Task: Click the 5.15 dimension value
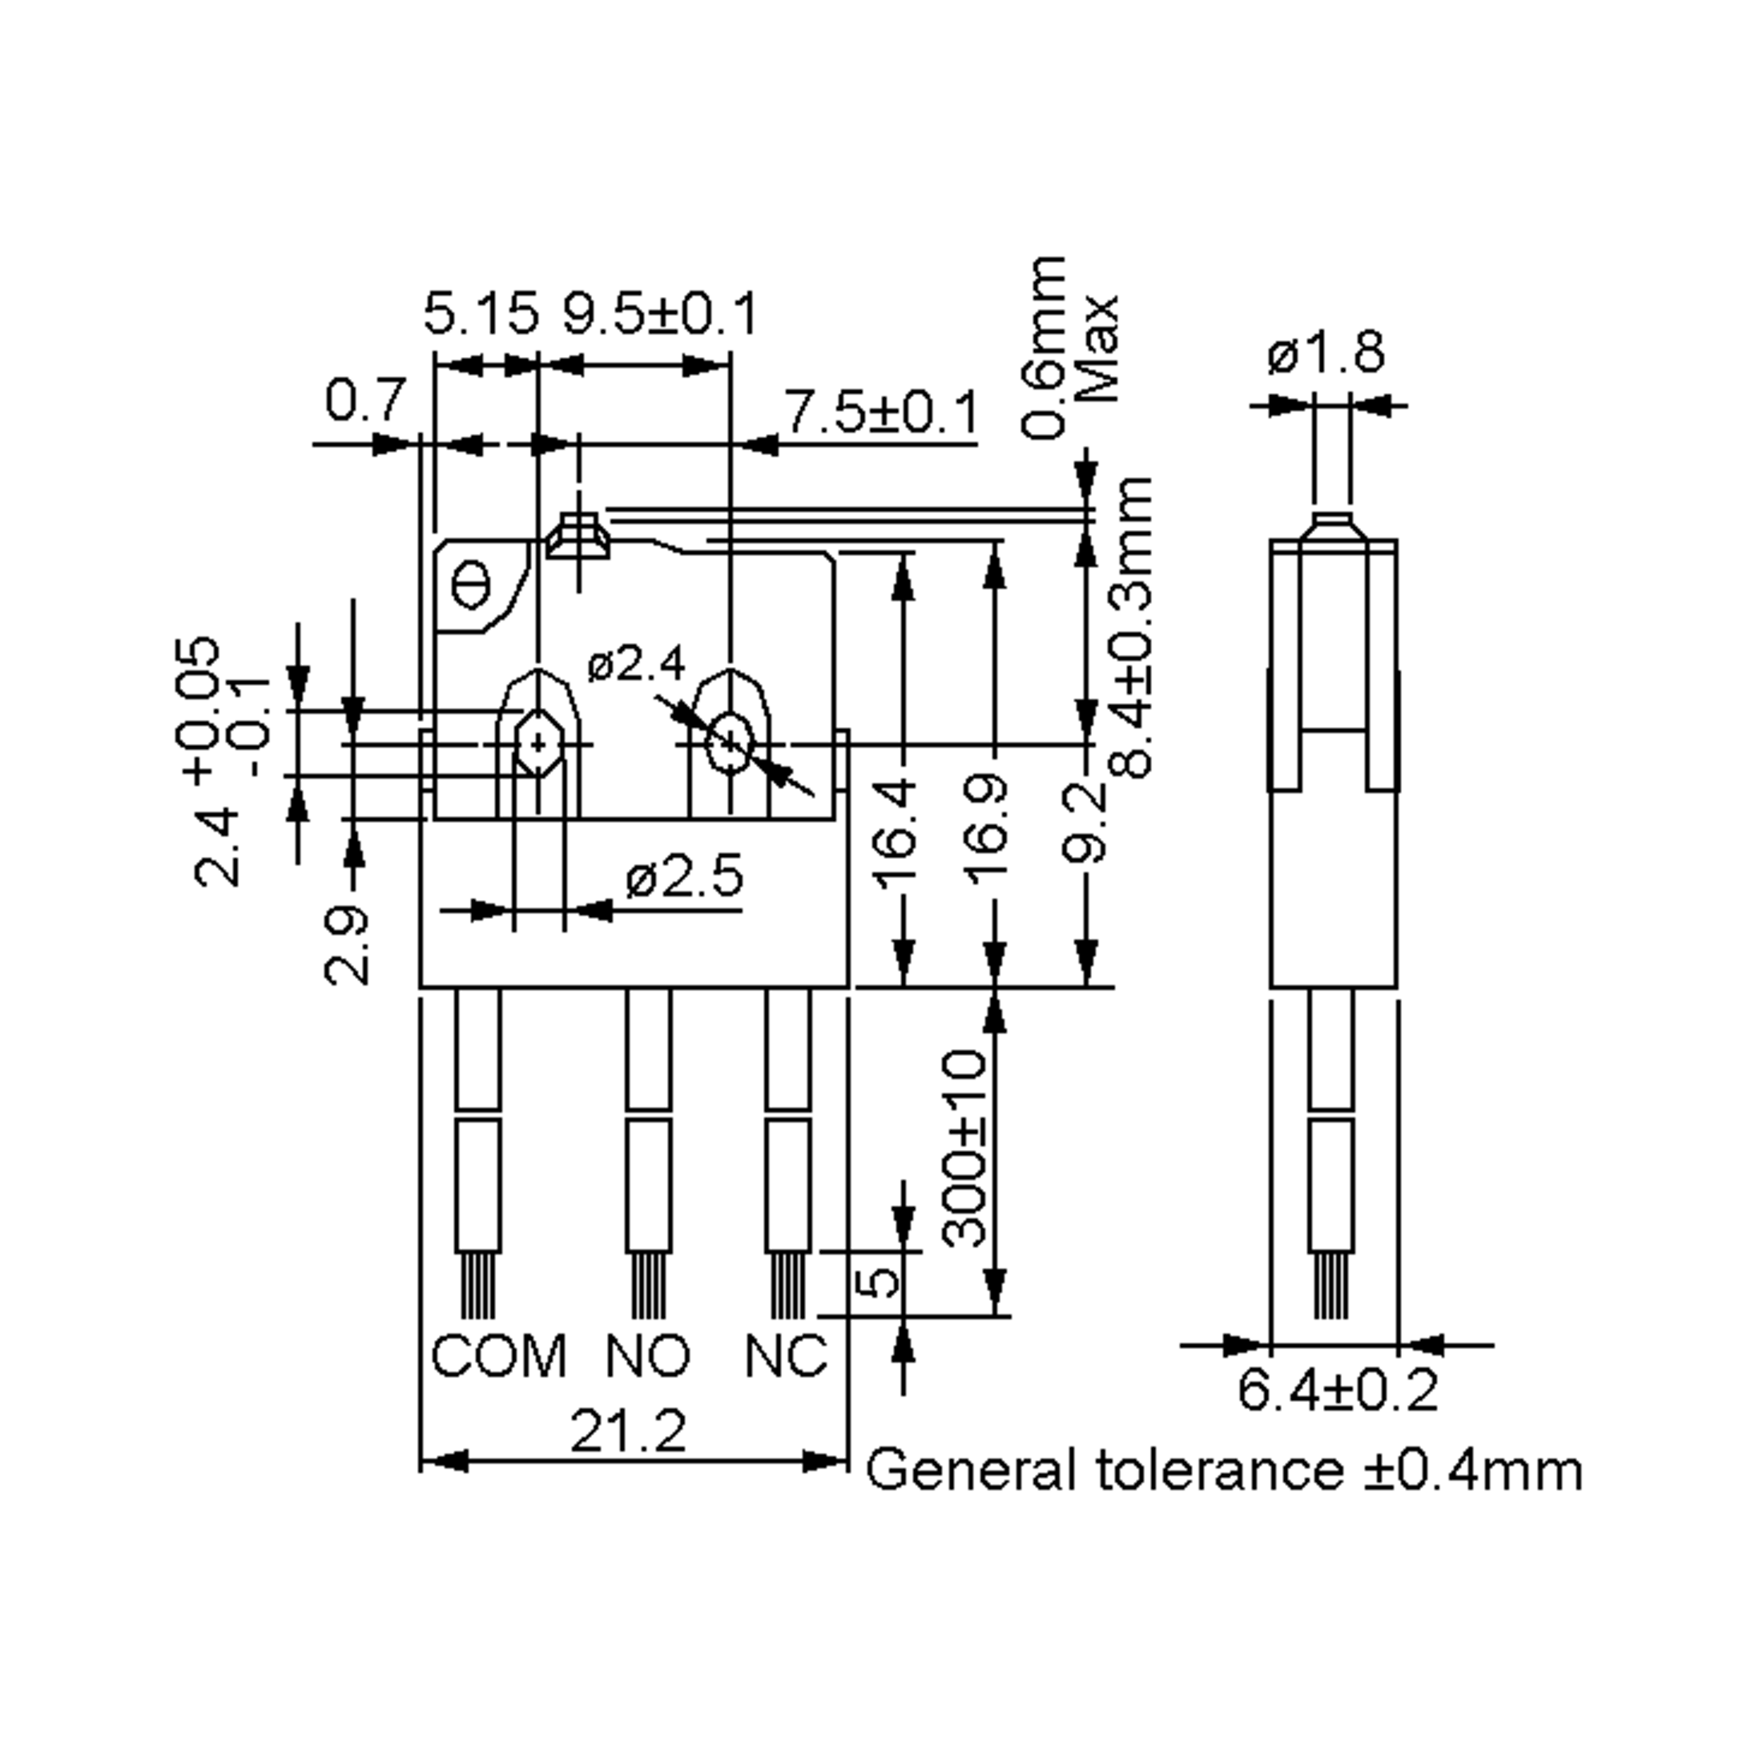[481, 315]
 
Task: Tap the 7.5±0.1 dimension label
[881, 413]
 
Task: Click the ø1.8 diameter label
[1326, 353]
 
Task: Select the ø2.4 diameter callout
[635, 665]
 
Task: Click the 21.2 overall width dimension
[627, 1431]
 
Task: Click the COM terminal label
[498, 1357]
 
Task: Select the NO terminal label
[648, 1357]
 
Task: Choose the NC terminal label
[786, 1357]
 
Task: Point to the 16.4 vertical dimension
[898, 830]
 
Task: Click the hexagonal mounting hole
[539, 744]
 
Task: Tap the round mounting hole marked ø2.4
[729, 744]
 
